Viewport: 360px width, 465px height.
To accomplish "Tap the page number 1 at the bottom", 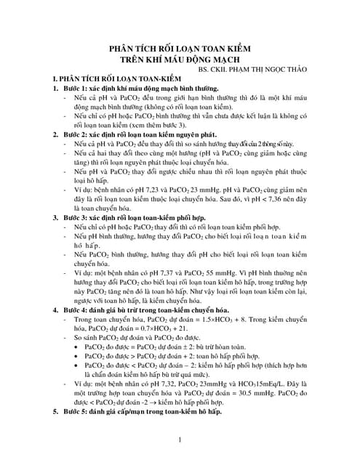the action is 179,440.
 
